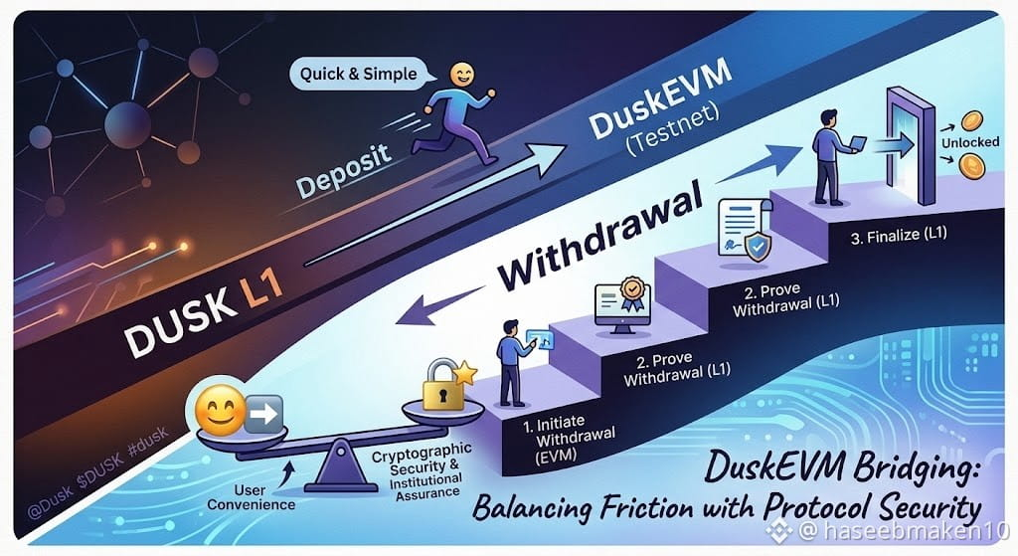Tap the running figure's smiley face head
[461, 74]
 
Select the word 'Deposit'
[343, 170]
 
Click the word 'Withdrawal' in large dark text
[600, 236]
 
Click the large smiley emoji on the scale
[221, 409]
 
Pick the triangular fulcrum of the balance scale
[341, 465]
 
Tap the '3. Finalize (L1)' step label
[899, 235]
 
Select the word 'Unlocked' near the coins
[970, 142]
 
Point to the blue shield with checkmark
[758, 247]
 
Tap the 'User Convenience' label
[251, 497]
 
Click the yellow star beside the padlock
[465, 373]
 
